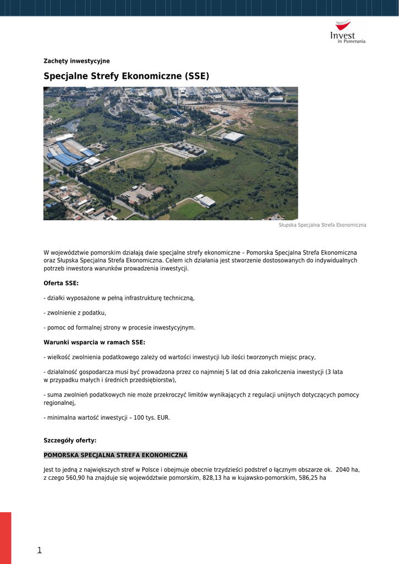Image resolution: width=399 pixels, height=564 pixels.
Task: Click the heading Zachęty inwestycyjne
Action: (x=76, y=61)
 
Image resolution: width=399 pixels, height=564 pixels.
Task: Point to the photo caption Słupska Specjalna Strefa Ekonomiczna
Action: (x=322, y=225)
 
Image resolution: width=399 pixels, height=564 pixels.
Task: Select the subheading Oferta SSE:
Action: (x=61, y=283)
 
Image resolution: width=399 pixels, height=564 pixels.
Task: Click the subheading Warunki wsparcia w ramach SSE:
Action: (x=94, y=342)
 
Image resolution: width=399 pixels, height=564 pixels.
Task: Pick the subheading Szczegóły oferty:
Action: (x=70, y=441)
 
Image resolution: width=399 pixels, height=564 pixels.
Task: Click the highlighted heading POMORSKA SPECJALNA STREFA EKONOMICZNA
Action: (x=116, y=455)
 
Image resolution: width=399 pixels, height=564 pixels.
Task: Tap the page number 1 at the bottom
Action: (x=40, y=550)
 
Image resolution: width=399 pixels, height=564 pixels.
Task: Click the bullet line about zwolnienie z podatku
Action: (x=75, y=313)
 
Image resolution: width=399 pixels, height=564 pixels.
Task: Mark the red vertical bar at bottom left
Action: (x=6, y=537)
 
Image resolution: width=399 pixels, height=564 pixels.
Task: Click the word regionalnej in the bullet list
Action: (x=59, y=403)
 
